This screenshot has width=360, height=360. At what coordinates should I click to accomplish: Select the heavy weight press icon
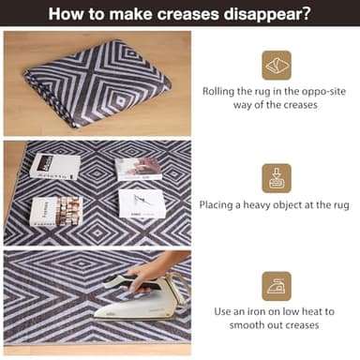276,177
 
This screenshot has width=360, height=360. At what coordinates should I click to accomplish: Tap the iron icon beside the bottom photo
276,286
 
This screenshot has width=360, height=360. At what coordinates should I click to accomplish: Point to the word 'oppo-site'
318,92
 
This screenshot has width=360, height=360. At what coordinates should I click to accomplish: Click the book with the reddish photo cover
138,168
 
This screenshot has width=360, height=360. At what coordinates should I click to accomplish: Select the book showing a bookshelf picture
56,210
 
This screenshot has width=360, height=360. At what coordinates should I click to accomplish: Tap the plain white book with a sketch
142,203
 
